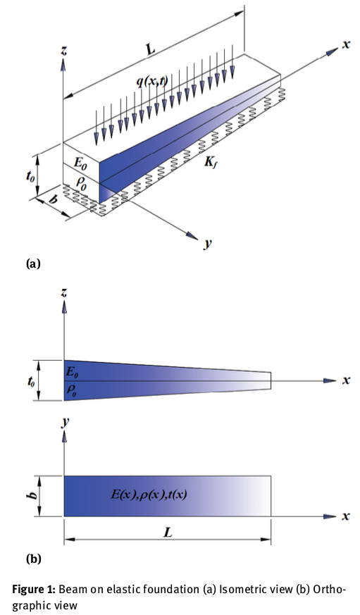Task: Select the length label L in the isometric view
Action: pos(151,50)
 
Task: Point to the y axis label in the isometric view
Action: pos(208,244)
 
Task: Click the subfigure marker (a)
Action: pos(34,264)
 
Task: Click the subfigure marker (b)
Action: pos(34,559)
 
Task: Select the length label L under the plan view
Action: pos(167,533)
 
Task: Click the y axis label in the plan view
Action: pos(64,423)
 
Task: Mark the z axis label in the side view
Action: pos(64,291)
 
